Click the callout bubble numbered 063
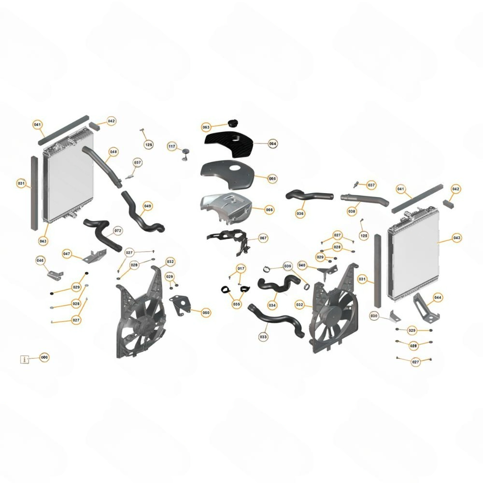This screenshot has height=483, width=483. pyautogui.click(x=206, y=127)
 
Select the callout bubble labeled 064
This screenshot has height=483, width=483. pyautogui.click(x=272, y=143)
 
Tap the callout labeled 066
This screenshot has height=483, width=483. pyautogui.click(x=269, y=210)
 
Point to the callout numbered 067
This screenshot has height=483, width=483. pyautogui.click(x=263, y=238)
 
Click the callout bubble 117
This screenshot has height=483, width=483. pyautogui.click(x=172, y=146)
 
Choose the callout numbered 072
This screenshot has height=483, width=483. pyautogui.click(x=118, y=230)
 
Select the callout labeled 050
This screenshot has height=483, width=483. pyautogui.click(x=206, y=313)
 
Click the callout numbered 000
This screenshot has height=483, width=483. pyautogui.click(x=44, y=357)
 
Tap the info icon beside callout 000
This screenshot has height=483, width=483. pyautogui.click(x=25, y=359)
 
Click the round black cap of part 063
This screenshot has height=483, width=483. pyautogui.click(x=233, y=122)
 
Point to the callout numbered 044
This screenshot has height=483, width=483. pyautogui.click(x=438, y=298)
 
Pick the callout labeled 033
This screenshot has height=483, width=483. pyautogui.click(x=263, y=337)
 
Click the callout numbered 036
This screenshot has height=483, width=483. pyautogui.click(x=300, y=213)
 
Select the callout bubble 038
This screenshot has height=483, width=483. pyautogui.click(x=352, y=212)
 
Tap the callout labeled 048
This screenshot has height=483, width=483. pyautogui.click(x=114, y=152)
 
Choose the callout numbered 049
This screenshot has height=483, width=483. pyautogui.click(x=148, y=206)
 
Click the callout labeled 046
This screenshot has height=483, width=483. pyautogui.click(x=41, y=261)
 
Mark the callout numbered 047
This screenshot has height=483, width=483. pyautogui.click(x=67, y=254)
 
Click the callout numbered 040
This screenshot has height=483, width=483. pyautogui.click(x=302, y=265)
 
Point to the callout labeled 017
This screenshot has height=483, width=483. pyautogui.click(x=241, y=269)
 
